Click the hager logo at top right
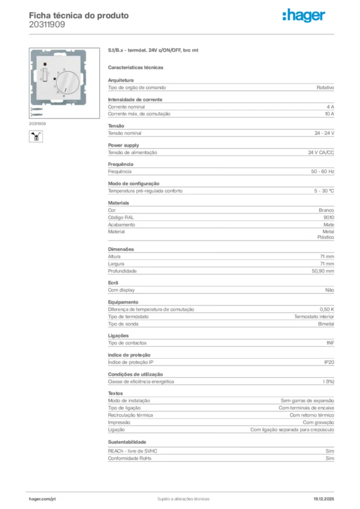[304, 16]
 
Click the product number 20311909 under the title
[47, 24]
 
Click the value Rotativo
[325, 87]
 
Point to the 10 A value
[329, 114]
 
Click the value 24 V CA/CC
[321, 153]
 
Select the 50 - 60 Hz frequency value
[323, 171]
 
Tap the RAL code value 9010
[329, 217]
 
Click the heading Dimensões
[121, 249]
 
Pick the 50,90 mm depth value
[323, 271]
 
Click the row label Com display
[121, 290]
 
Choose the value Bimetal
[326, 324]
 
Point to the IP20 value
[329, 362]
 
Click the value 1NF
[330, 343]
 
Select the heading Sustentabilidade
[127, 441]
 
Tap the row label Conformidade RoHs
[129, 458]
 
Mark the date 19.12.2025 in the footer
[324, 499]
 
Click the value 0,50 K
[327, 309]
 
